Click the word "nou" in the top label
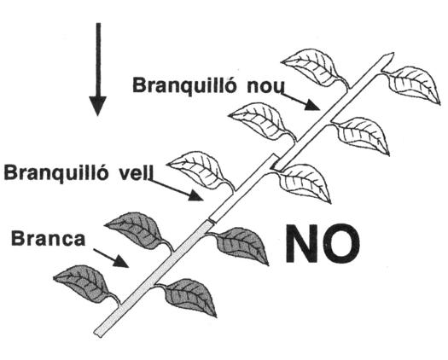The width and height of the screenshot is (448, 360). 265,86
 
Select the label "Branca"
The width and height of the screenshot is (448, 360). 48,238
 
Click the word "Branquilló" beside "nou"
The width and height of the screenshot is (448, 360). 184,84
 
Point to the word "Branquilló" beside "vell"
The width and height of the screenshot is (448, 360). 56,172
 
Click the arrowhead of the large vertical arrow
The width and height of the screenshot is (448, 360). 98,106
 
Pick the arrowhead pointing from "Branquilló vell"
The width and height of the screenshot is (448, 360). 196,195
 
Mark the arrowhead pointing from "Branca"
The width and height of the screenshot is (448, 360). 121,261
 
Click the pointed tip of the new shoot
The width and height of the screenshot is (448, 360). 393,54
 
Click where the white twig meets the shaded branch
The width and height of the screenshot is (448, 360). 212,222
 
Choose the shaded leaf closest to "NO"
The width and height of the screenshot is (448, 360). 242,245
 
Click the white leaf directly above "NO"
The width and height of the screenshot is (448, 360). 304,182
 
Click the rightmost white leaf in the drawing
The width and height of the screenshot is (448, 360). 412,84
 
